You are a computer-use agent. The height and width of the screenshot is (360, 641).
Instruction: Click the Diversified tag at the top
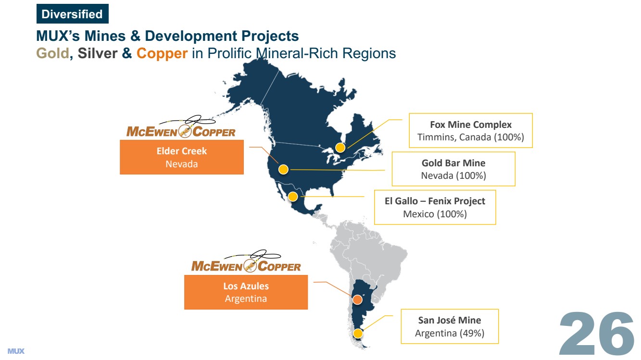[73, 14]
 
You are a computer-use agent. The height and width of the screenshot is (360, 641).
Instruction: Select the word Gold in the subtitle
[52, 53]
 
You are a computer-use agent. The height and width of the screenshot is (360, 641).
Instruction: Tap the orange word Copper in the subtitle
[162, 54]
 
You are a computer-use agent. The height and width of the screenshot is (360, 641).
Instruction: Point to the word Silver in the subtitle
[97, 53]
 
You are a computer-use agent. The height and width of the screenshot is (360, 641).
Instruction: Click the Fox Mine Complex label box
[471, 130]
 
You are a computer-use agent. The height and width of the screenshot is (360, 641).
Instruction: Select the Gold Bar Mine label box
[453, 169]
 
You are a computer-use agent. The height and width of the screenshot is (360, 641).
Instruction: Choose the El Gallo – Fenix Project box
[435, 207]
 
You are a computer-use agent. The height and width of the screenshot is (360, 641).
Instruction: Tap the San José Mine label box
[450, 326]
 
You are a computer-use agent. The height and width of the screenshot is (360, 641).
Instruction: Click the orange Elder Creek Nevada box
[182, 157]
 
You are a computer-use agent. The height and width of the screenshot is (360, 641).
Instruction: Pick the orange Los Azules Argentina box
[246, 292]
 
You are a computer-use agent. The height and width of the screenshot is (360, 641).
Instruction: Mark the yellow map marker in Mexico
[293, 197]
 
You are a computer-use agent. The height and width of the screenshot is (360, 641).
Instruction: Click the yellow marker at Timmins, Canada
[340, 148]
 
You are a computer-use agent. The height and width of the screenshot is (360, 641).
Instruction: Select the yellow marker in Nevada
[283, 170]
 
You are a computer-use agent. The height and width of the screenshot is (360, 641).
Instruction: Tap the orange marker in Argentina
[357, 299]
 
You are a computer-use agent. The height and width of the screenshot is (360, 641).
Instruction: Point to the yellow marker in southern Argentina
[358, 334]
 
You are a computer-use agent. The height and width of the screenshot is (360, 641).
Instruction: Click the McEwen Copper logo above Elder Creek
[181, 127]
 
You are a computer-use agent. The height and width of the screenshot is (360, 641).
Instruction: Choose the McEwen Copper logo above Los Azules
[246, 261]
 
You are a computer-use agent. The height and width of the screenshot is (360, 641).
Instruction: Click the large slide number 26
[597, 334]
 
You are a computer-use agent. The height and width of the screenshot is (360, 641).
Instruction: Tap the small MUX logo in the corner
[16, 351]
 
